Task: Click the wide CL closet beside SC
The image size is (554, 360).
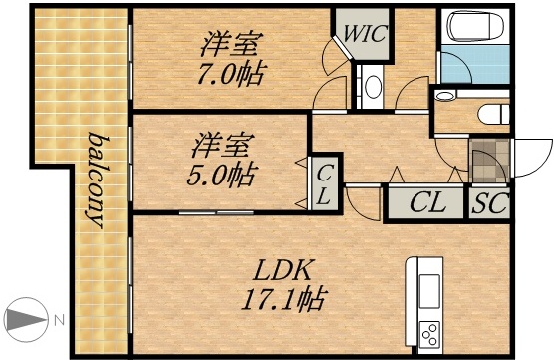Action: pyautogui.click(x=426, y=204)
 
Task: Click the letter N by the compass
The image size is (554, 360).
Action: pyautogui.click(x=59, y=321)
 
